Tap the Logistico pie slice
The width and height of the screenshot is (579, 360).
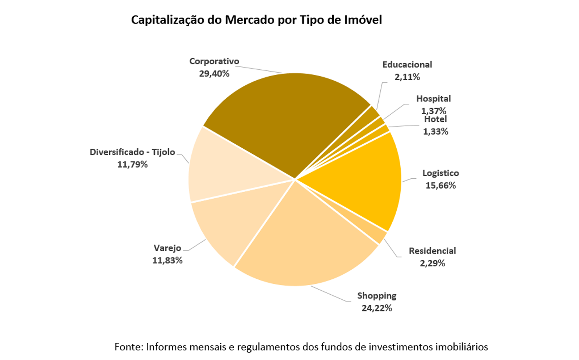[364, 180]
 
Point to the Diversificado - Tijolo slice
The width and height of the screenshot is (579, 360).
[223, 168]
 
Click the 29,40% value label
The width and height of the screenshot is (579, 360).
[214, 74]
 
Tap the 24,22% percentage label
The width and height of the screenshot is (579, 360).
[376, 308]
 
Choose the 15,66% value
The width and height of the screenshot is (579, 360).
[441, 185]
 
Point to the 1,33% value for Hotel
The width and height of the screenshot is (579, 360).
[435, 131]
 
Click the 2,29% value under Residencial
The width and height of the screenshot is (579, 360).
[432, 263]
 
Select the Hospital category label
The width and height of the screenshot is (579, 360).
[433, 99]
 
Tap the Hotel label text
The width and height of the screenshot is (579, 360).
[435, 119]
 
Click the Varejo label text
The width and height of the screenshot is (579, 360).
[167, 248]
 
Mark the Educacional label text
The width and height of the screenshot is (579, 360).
[407, 65]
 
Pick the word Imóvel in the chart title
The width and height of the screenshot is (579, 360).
[363, 20]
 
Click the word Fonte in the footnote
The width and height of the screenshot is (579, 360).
[128, 347]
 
